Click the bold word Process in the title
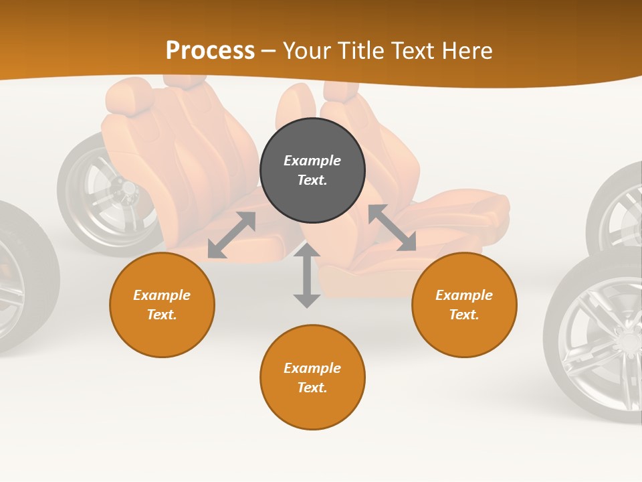point(210,51)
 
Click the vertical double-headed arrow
point(307,276)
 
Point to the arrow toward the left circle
point(231,235)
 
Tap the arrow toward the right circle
point(392,228)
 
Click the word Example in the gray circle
point(312,161)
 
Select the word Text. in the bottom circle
point(312,388)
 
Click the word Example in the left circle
point(162,295)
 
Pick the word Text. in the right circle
point(464,315)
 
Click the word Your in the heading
point(306,51)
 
